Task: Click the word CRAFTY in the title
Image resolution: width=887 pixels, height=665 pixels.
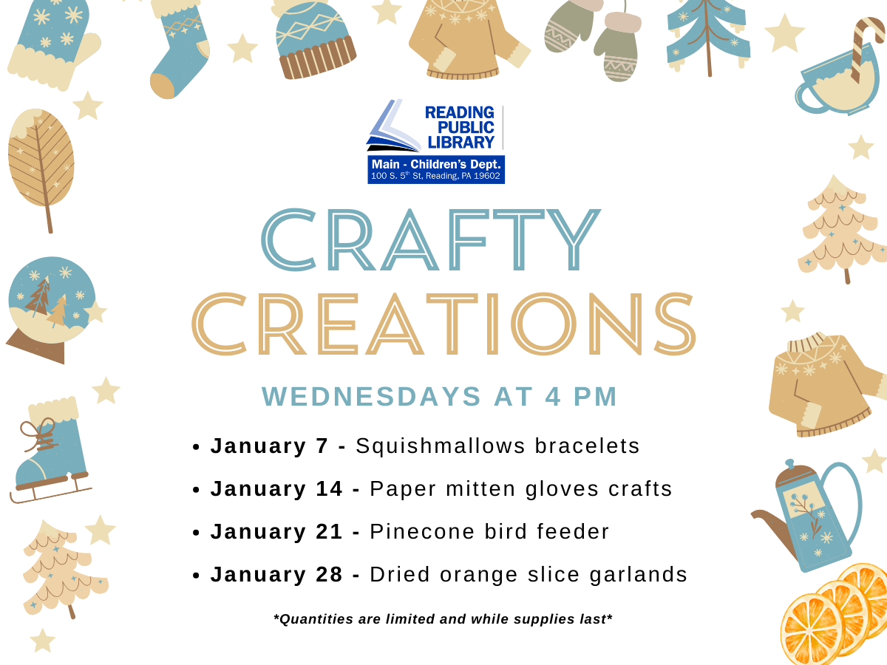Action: click(x=431, y=239)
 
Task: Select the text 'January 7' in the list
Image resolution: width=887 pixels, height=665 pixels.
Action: click(x=270, y=446)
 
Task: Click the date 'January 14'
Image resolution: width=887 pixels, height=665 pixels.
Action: click(x=276, y=489)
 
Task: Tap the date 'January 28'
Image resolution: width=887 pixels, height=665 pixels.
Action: click(x=276, y=575)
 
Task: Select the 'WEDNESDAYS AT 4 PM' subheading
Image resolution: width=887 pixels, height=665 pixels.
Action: click(x=440, y=397)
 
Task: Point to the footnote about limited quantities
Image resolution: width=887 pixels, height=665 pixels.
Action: click(x=443, y=619)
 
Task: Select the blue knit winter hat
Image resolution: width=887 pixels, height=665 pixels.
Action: click(x=313, y=41)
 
